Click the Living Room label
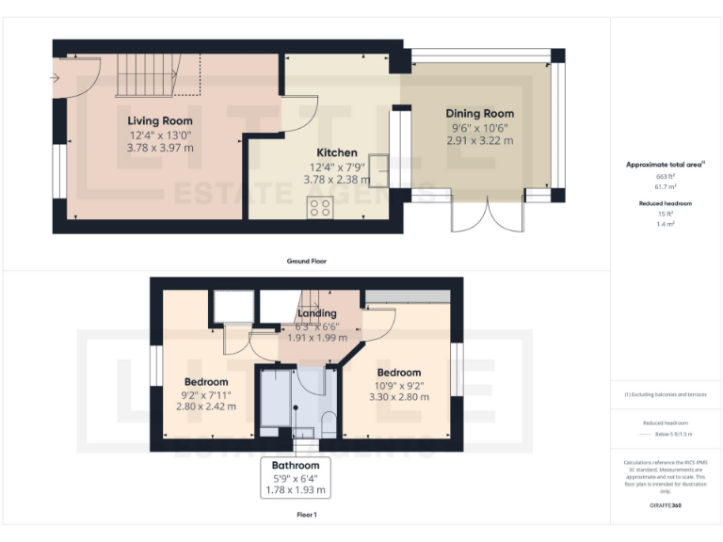pyautogui.click(x=160, y=120)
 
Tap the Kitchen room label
pyautogui.click(x=336, y=152)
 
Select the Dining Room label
pyautogui.click(x=479, y=113)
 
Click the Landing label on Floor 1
pyautogui.click(x=316, y=312)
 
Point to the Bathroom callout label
pyautogui.click(x=295, y=465)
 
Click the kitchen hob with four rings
pyautogui.click(x=319, y=208)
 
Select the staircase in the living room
pyautogui.click(x=146, y=75)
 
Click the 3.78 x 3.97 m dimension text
pyautogui.click(x=160, y=147)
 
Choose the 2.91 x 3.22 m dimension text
pyautogui.click(x=479, y=140)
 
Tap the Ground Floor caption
pyautogui.click(x=307, y=261)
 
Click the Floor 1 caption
pyautogui.click(x=307, y=515)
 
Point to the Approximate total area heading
pyautogui.click(x=665, y=164)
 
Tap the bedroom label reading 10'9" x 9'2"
pyautogui.click(x=398, y=385)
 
